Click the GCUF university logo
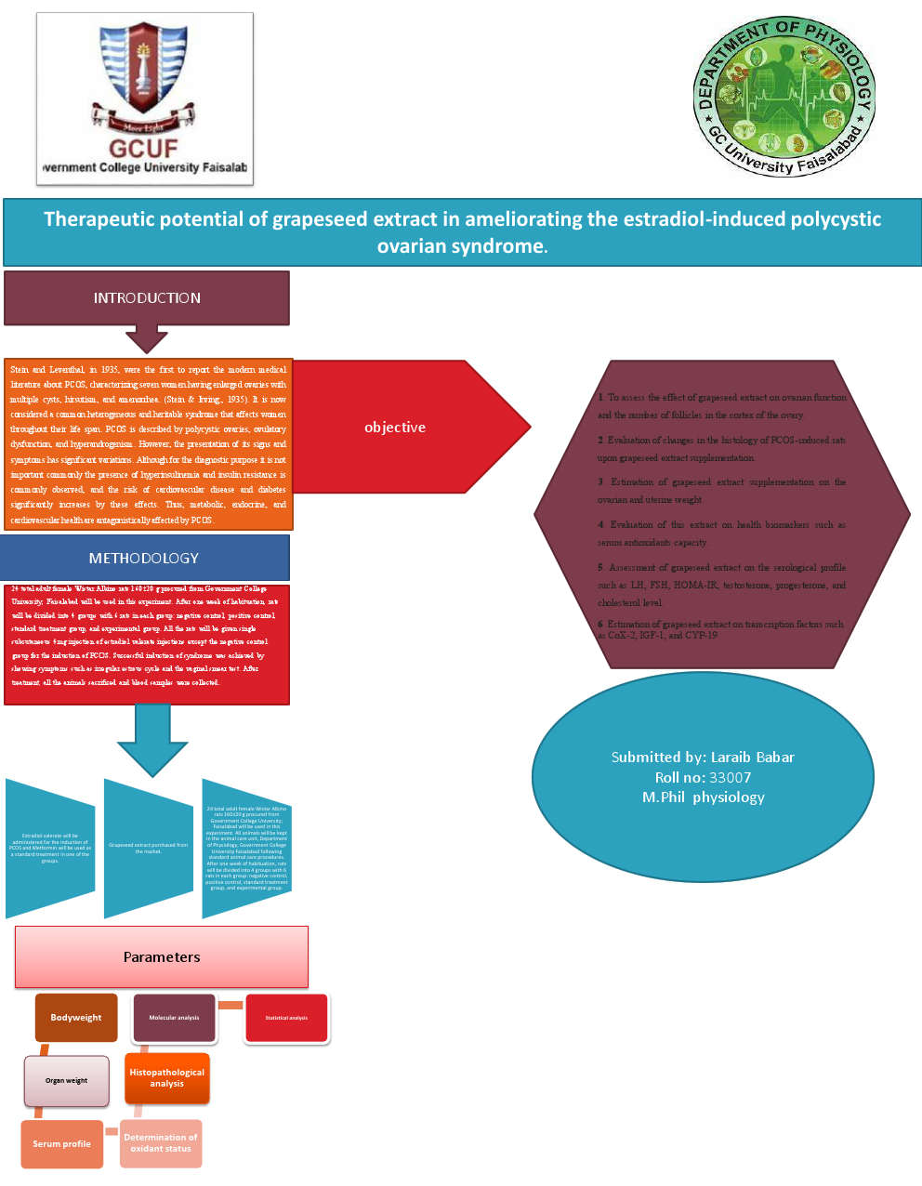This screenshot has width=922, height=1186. pos(144,98)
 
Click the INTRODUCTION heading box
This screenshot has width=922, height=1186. pos(147,298)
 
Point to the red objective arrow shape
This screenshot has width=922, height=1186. pos(409,427)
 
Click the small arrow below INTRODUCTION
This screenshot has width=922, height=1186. pos(147,338)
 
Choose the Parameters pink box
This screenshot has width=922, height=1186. pos(162,956)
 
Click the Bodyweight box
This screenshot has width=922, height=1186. pos(76,1018)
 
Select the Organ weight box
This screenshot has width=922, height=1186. pos(66,1080)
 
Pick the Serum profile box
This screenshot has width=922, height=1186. pos(61,1143)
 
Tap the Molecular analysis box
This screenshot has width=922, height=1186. pos(174,1018)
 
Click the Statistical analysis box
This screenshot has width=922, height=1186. pos(286,1018)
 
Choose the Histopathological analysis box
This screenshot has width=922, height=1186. pos(166,1078)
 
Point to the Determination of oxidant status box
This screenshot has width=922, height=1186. pos(161,1143)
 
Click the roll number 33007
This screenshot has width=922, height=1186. pos(730,777)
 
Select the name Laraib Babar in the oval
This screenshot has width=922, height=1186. pos(752,757)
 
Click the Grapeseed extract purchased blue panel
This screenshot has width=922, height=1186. pos(148,848)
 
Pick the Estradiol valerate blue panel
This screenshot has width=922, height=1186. pos(50,848)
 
